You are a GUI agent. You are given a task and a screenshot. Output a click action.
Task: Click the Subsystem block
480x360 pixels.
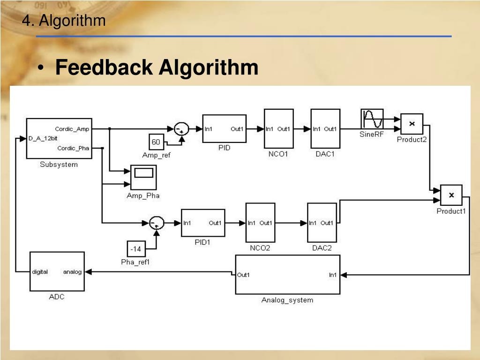pyautogui.click(x=59, y=138)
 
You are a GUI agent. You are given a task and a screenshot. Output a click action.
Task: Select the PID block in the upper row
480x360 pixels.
pyautogui.click(x=224, y=128)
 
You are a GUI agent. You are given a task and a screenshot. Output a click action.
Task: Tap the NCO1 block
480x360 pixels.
pyautogui.click(x=278, y=128)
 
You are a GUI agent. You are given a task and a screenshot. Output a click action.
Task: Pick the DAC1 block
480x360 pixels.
pyautogui.click(x=325, y=128)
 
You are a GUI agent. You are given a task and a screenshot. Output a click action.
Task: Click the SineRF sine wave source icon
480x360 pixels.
pyautogui.click(x=372, y=119)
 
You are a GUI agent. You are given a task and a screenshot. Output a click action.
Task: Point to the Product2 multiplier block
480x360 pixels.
pyautogui.click(x=412, y=124)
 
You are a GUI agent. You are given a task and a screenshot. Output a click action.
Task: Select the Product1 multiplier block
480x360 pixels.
pyautogui.click(x=451, y=195)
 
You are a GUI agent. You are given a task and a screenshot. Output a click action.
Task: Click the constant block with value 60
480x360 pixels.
pyautogui.click(x=156, y=142)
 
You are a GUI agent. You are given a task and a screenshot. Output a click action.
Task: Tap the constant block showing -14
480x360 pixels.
pyautogui.click(x=136, y=248)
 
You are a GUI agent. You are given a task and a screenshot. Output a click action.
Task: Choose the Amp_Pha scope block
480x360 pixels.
pyautogui.click(x=143, y=178)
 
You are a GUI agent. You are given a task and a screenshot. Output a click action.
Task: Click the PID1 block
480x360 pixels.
pyautogui.click(x=203, y=223)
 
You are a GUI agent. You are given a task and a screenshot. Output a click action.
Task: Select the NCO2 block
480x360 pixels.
pyautogui.click(x=259, y=223)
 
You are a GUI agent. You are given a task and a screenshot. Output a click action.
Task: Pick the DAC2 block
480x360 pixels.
pyautogui.click(x=322, y=223)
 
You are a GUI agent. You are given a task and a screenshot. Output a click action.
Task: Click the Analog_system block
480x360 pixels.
pyautogui.click(x=287, y=275)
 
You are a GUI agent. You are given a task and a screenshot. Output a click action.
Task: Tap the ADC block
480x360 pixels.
pyautogui.click(x=57, y=271)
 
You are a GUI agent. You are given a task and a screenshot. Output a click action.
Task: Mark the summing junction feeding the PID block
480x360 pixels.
pyautogui.click(x=181, y=128)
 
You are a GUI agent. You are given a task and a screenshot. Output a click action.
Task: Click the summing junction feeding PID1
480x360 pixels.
pyautogui.click(x=156, y=223)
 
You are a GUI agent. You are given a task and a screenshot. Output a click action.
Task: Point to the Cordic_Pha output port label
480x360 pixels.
pyautogui.click(x=73, y=148)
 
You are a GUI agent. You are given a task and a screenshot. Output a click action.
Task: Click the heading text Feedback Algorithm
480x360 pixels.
pyautogui.click(x=157, y=67)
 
